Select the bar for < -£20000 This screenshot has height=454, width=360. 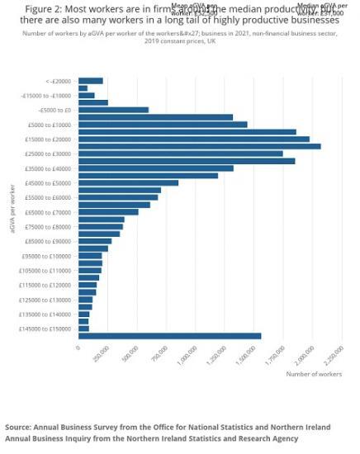point(90,80)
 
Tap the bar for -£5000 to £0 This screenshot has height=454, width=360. point(113,110)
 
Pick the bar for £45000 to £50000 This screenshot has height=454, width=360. point(128,182)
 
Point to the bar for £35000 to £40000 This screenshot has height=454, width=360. point(156,168)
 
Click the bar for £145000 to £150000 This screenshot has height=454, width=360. point(83,329)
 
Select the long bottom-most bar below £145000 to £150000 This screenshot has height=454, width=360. point(169,336)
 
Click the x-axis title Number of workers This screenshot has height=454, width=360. point(314,374)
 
